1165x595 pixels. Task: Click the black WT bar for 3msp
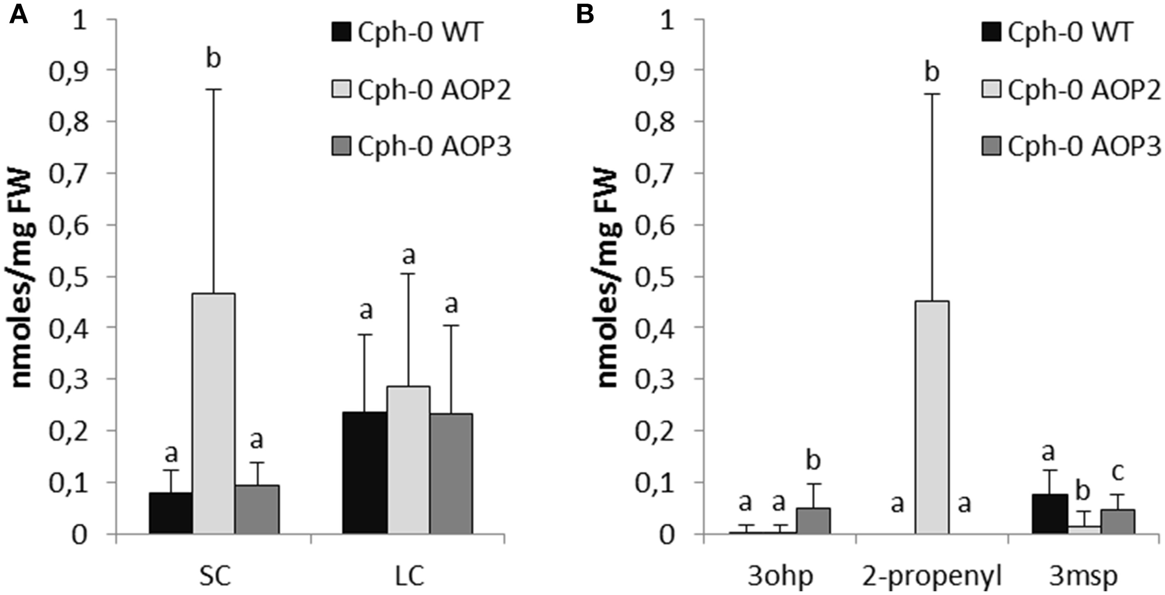pyautogui.click(x=1050, y=514)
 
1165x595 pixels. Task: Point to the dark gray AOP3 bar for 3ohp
pyautogui.click(x=813, y=521)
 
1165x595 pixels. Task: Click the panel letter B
pyautogui.click(x=585, y=15)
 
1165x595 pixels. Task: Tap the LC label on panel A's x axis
pyautogui.click(x=409, y=576)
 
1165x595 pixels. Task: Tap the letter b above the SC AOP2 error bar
pyautogui.click(x=213, y=59)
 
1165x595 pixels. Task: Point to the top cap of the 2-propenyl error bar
pyautogui.click(x=932, y=94)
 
